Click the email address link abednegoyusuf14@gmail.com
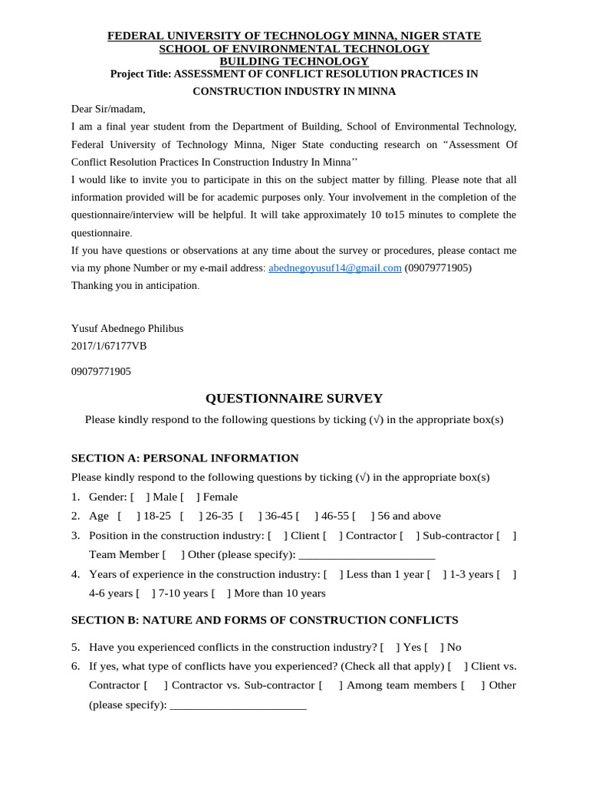334,268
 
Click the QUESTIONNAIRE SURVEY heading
294,398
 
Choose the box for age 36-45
250,516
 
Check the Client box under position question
276,535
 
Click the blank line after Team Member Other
367,555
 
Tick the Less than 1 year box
333,573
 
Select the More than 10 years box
221,593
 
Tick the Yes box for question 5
390,647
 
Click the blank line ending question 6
238,705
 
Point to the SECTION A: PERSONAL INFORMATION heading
185,458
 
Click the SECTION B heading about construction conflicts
265,619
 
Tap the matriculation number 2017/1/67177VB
109,346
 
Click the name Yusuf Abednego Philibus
127,328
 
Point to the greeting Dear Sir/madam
108,109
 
